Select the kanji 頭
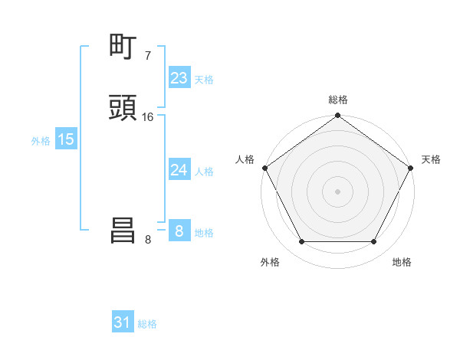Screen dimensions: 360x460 (123, 110)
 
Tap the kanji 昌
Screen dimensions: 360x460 (123, 231)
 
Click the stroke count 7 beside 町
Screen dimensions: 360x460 (147, 55)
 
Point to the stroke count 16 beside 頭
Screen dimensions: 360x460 (148, 117)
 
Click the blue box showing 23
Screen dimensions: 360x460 (179, 78)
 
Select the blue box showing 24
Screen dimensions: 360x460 (179, 170)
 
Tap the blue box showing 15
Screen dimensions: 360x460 (65, 139)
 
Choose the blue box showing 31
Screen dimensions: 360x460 (123, 322)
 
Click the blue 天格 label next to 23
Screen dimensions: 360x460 (204, 80)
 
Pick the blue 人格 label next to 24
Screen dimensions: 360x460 (204, 172)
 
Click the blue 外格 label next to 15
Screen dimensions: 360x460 (41, 141)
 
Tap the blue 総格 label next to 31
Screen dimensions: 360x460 (147, 324)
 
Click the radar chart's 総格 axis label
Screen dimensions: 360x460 (337, 100)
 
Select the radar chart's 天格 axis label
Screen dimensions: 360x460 (431, 159)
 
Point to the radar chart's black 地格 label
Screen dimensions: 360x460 (402, 262)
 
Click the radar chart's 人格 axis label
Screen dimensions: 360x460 (245, 159)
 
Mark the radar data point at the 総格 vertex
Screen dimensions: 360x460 (337, 116)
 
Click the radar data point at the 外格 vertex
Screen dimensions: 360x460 (301, 242)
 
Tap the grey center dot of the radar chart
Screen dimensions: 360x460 (337, 191)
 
